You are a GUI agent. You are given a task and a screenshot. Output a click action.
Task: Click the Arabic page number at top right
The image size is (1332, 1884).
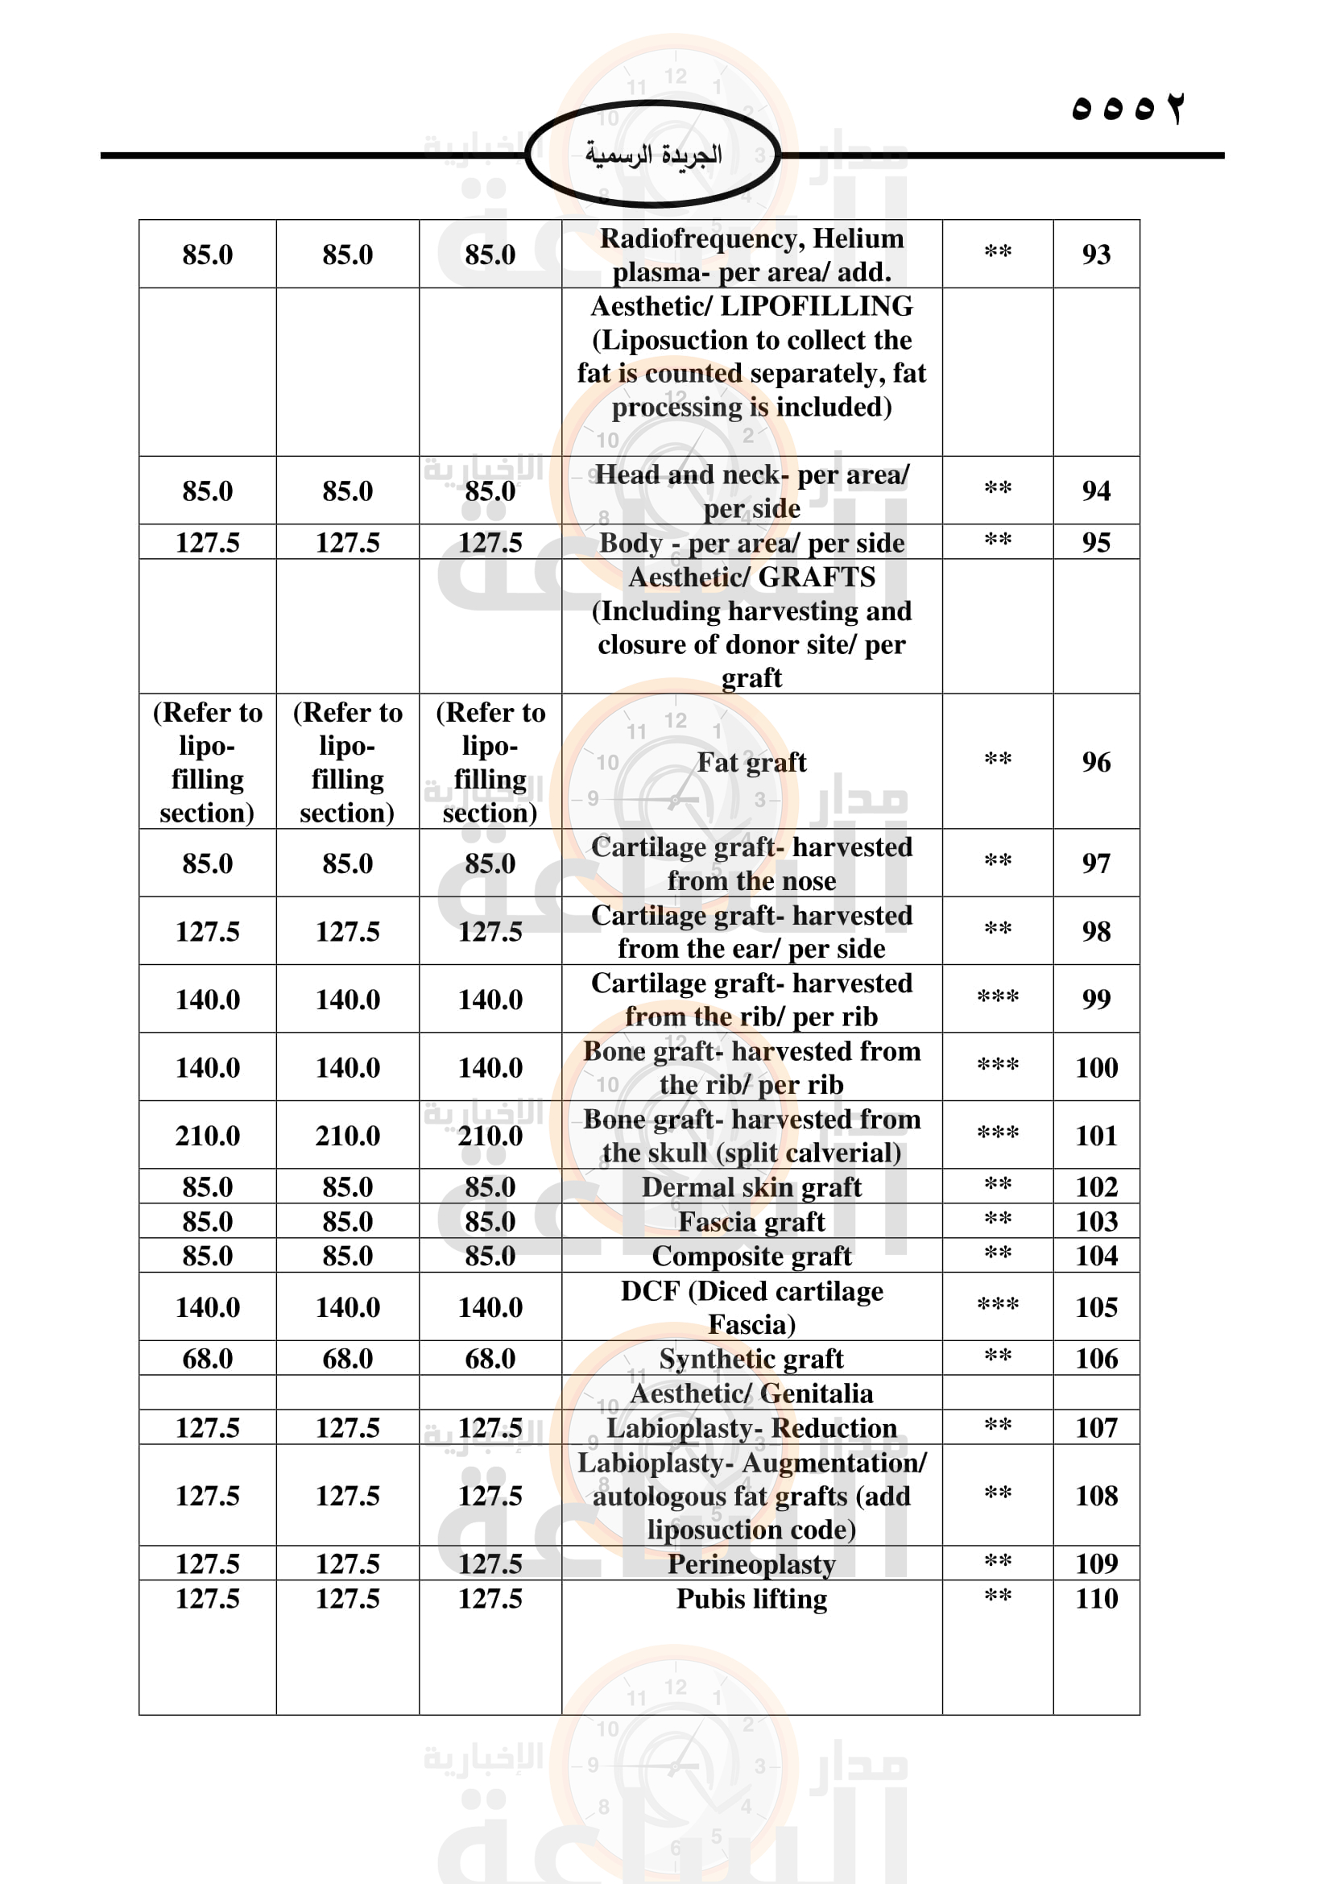(1127, 108)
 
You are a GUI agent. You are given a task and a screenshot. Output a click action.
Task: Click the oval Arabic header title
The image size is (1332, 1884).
(653, 155)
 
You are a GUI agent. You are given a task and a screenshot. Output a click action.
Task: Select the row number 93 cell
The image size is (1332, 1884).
(1096, 255)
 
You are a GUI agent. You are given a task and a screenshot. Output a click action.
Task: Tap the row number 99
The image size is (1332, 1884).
(1096, 999)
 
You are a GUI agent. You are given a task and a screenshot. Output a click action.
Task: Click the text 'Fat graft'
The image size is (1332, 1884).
(751, 762)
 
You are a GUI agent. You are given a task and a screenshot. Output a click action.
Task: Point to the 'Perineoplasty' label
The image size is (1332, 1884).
(751, 1563)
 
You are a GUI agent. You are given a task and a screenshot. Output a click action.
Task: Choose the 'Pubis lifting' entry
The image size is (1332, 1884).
(751, 1598)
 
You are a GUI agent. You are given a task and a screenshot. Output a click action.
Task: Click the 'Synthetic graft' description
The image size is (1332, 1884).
(751, 1358)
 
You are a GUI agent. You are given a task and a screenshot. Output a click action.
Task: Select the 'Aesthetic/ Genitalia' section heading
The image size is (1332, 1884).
(751, 1393)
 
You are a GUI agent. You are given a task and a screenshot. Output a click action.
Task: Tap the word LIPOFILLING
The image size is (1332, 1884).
(816, 306)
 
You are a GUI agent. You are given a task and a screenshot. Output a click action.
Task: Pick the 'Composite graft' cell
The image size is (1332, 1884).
(751, 1256)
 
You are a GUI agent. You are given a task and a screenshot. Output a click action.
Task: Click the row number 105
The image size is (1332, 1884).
(1096, 1306)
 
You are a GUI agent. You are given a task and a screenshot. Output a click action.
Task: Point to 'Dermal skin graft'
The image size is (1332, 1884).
(751, 1186)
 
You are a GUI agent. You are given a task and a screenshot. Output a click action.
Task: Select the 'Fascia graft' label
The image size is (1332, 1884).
(751, 1221)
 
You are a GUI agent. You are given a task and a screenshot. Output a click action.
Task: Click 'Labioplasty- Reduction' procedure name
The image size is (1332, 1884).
(751, 1427)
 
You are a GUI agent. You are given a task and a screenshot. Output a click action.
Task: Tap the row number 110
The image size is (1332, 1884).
(1096, 1597)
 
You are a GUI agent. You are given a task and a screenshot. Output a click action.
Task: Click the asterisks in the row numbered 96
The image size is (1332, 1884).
(997, 759)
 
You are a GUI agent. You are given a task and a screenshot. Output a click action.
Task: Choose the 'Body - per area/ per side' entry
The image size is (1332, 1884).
(751, 542)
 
